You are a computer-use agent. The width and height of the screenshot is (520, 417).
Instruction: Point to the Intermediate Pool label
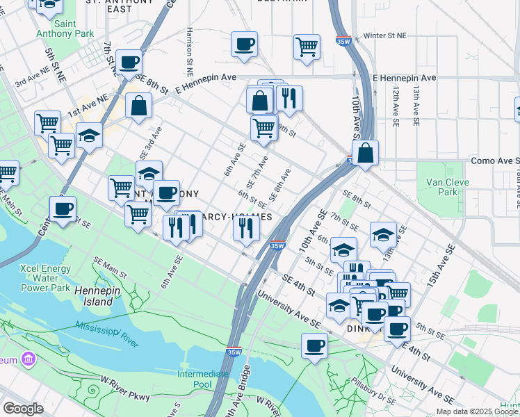(x=203, y=379)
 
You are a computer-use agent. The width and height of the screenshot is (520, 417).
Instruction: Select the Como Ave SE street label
(x=494, y=161)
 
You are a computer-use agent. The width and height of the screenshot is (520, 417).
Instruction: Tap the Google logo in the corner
(x=23, y=409)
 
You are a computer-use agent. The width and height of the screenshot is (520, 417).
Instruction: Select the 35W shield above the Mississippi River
(x=234, y=352)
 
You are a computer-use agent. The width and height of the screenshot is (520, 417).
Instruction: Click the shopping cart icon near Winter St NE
(x=307, y=47)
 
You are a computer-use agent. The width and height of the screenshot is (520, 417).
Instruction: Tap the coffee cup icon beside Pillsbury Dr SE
(x=314, y=345)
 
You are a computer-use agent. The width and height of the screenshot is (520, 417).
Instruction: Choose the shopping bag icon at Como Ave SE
(x=365, y=152)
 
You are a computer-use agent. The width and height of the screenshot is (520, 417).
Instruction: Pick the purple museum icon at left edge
(x=28, y=359)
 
